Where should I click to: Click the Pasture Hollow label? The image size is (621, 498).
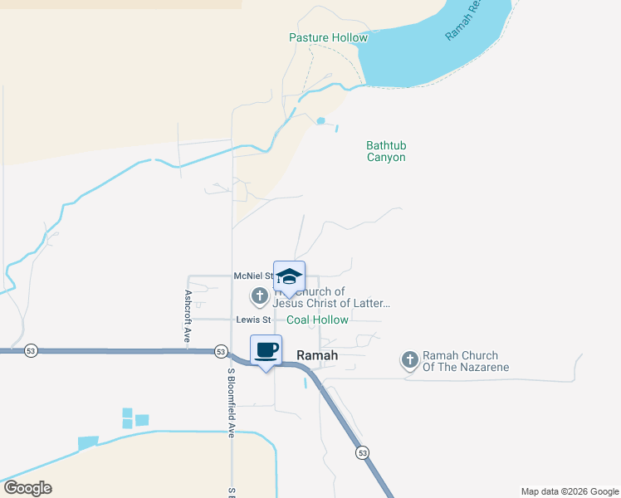coord(328,37)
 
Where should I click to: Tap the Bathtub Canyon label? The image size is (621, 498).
coord(386,151)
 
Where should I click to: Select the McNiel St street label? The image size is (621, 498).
coord(254,276)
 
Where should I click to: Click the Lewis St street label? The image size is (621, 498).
coord(253,320)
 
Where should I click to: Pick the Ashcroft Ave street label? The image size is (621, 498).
coord(188,316)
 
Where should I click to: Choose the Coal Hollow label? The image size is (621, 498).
coord(317,320)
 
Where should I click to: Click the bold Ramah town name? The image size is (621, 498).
coord(317,354)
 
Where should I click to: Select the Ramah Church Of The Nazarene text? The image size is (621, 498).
coord(465,360)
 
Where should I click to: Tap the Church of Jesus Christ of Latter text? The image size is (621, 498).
coord(331,297)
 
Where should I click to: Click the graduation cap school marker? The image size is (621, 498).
coord(289,277)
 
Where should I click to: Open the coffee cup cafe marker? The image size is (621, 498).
coord(266,350)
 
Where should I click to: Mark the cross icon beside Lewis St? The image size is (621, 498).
coord(259,295)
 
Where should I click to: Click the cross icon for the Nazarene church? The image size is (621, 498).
coord(409,359)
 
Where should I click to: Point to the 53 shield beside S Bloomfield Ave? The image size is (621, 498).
coord(221,351)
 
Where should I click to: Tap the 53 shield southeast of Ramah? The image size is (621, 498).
coord(363,452)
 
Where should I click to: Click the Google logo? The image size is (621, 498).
coord(27,488)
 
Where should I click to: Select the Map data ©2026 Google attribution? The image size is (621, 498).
coord(569,491)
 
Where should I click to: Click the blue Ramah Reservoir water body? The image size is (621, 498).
coord(423,58)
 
